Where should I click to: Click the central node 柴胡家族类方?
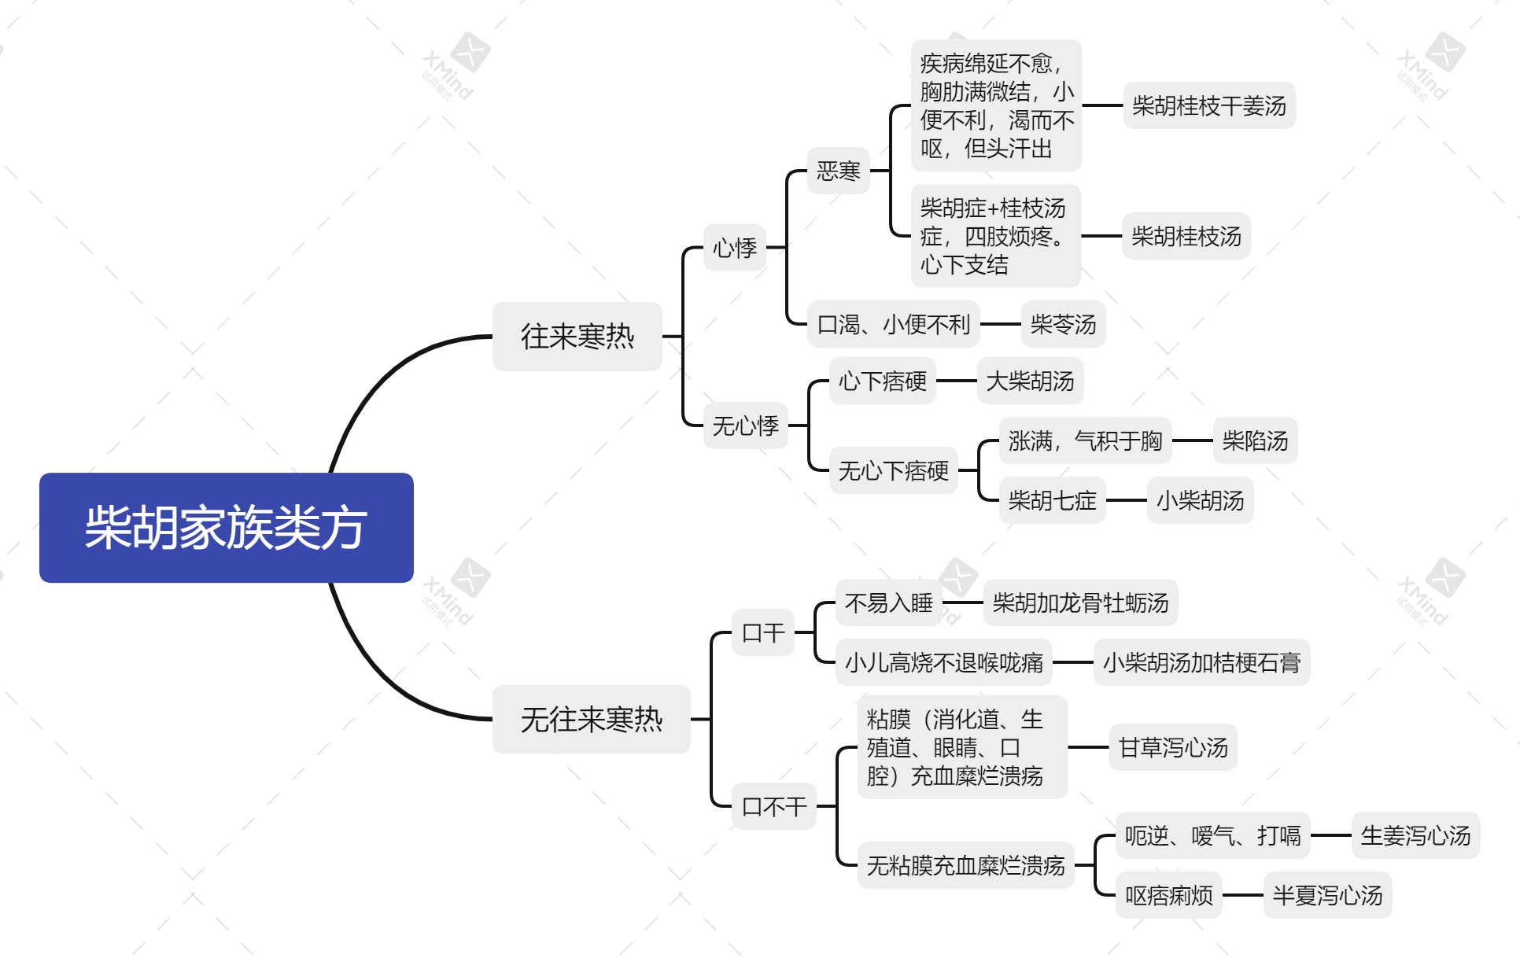227,527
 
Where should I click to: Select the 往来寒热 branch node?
577,337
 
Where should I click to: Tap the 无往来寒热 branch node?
592,719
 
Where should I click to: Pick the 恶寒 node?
839,171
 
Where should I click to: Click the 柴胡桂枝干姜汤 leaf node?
1209,105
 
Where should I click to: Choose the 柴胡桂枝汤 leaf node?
1186,236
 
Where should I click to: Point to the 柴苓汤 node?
1064,324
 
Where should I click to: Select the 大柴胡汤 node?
1031,381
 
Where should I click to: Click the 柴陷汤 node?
1256,440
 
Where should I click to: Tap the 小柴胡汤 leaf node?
1201,500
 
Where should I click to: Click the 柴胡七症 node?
1053,500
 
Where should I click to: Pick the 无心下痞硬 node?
894,470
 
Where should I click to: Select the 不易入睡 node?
889,602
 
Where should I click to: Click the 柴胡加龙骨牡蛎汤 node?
1081,602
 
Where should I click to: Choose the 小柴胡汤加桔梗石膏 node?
1202,662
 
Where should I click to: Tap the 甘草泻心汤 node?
1174,747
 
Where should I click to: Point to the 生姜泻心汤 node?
1416,835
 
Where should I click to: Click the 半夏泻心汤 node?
1328,895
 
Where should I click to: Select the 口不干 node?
774,806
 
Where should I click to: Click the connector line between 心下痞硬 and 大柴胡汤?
957,381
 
